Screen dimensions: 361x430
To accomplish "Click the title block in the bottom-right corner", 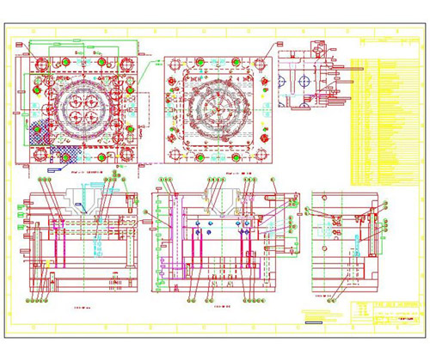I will pyautogui.click(x=385, y=314).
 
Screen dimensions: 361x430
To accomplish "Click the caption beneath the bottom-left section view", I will pyautogui.click(x=83, y=305).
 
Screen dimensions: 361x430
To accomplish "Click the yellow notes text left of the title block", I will pyautogui.click(x=322, y=315).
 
